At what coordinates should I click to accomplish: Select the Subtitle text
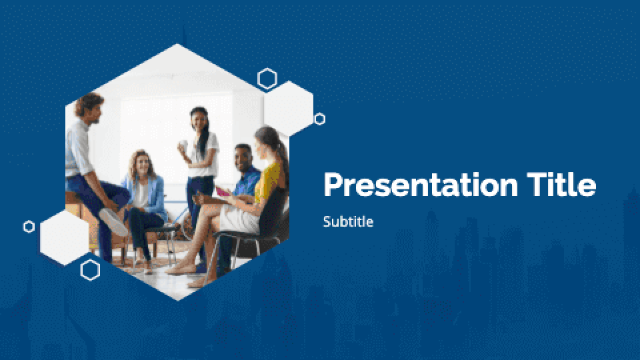tap(348, 222)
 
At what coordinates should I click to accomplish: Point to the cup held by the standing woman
tap(183, 145)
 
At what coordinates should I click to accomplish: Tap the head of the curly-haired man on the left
tap(89, 107)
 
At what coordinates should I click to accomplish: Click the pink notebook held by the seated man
tap(222, 193)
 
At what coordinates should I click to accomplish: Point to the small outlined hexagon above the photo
tap(267, 79)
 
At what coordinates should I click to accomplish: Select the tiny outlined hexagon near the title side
tap(320, 119)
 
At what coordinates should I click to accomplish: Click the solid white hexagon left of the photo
tap(64, 233)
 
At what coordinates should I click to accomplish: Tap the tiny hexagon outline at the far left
tap(29, 227)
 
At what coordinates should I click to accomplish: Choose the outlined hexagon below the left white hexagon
tap(90, 269)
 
